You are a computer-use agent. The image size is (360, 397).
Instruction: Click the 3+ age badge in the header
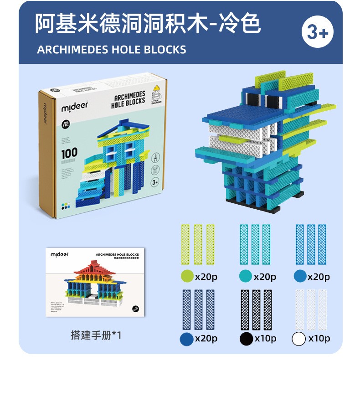coord(318,32)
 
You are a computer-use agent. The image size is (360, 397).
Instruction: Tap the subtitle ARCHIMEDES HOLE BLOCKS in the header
coord(112,49)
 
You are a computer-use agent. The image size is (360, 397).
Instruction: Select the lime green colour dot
coord(187,276)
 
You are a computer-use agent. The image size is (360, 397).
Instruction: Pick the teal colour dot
coord(246,276)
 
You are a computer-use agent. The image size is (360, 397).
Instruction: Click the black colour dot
coord(246,339)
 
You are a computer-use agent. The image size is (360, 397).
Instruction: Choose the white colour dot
coord(299,339)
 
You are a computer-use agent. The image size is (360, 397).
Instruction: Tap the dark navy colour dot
coord(186,339)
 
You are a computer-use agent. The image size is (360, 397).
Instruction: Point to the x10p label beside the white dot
coord(319,339)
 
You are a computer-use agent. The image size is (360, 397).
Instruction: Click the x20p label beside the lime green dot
coord(206,276)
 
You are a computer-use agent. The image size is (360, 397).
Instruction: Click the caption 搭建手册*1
coord(96,335)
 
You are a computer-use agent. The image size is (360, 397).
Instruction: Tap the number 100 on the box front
coord(69,153)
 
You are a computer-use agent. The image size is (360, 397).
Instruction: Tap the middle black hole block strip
coord(256,310)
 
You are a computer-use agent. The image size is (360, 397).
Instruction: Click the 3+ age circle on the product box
coord(154,182)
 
